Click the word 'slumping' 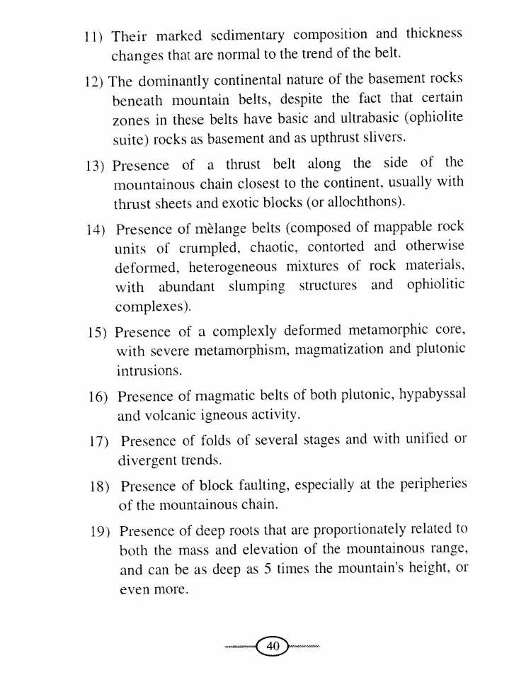point(256,286)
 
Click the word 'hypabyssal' point(433,396)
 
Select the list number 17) point(97,442)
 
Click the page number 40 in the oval point(273,647)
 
